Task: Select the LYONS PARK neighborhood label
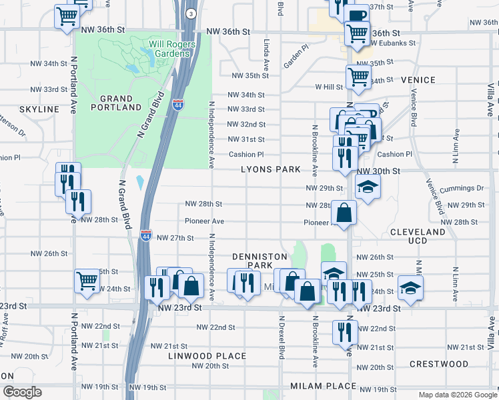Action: click(271, 169)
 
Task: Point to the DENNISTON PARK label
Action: click(260, 261)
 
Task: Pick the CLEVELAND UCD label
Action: click(417, 236)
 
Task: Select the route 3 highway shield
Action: click(191, 14)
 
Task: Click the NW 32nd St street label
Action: click(246, 124)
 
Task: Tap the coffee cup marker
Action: click(357, 15)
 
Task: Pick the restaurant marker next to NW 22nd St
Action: click(345, 331)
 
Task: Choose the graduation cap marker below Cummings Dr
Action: click(367, 187)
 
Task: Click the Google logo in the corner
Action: click(21, 392)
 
